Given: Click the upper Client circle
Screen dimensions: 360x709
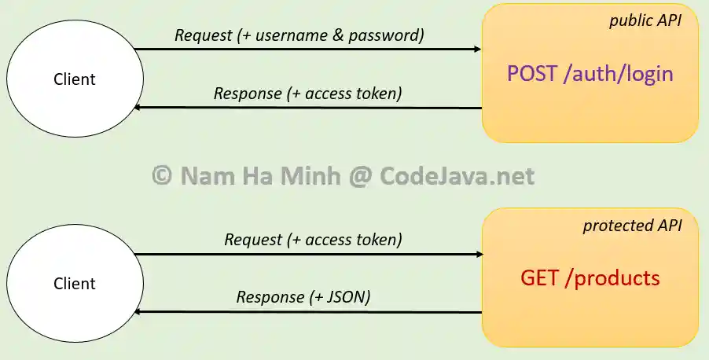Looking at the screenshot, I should (x=75, y=79).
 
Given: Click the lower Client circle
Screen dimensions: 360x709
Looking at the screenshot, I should (x=75, y=284).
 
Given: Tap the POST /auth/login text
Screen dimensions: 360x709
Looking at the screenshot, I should (x=590, y=74).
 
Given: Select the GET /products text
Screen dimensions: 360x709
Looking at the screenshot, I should (x=590, y=278).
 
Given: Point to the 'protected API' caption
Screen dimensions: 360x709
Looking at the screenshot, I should (x=632, y=226).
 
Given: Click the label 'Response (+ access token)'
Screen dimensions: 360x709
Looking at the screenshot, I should (x=308, y=94).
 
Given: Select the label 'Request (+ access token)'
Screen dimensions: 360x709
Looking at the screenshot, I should (x=313, y=240).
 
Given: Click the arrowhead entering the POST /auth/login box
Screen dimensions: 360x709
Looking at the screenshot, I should (x=476, y=50).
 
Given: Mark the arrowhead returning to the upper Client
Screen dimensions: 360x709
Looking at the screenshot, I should (x=139, y=108).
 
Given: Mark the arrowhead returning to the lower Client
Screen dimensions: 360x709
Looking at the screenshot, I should (x=139, y=312).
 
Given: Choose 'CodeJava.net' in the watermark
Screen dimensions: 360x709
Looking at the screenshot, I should (x=457, y=176).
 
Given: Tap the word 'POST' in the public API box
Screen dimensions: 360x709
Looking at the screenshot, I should (x=533, y=74).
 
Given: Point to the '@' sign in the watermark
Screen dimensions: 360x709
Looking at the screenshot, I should (x=358, y=176).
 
